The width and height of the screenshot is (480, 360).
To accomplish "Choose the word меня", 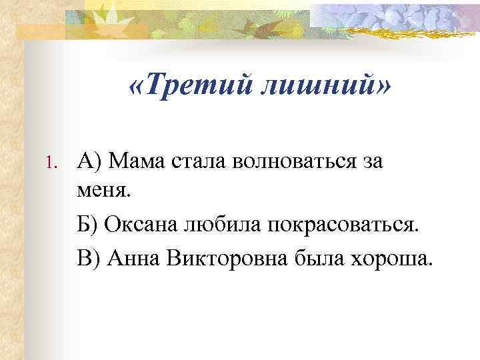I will click(105, 192).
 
